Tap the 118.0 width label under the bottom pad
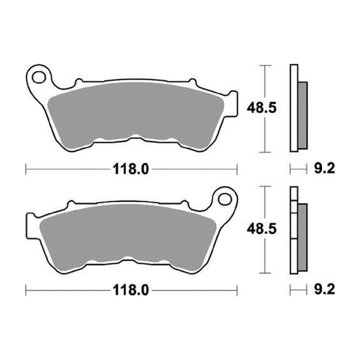point(130,290)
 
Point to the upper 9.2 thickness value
point(324,169)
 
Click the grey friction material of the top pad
point(135,113)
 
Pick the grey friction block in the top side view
point(302,115)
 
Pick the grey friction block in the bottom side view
point(302,237)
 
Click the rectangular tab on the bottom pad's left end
point(30,225)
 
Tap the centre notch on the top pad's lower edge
point(136,137)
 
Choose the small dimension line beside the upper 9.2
point(298,169)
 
